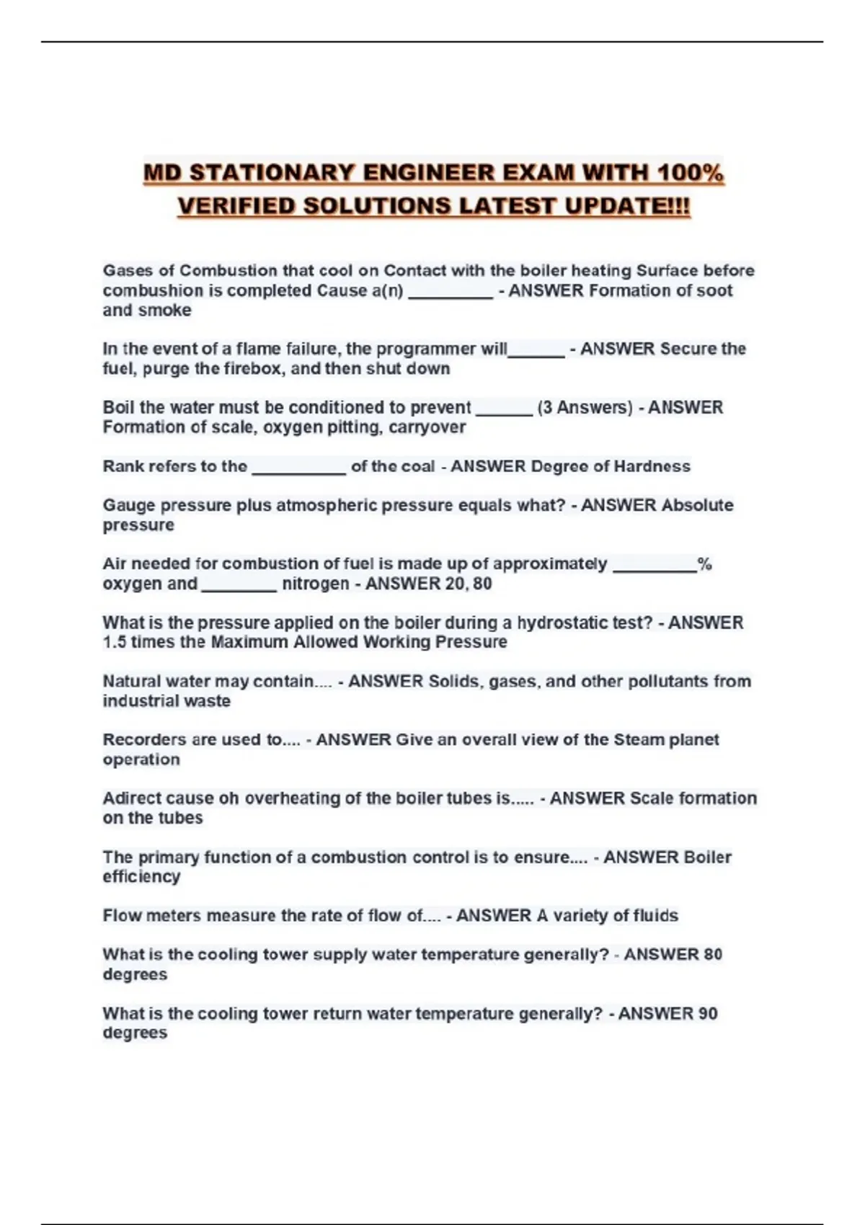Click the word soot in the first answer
pyautogui.click(x=714, y=290)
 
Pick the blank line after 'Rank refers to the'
pyautogui.click(x=298, y=468)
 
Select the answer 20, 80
pyautogui.click(x=469, y=584)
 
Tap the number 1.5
pyautogui.click(x=114, y=642)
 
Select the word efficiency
pyautogui.click(x=141, y=877)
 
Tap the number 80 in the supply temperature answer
pyautogui.click(x=712, y=955)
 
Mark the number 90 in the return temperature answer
pyautogui.click(x=708, y=1014)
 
